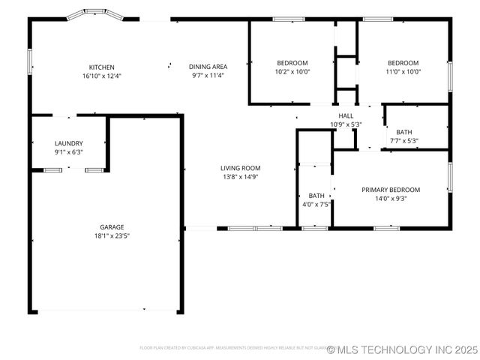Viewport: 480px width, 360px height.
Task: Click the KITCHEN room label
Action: [x=102, y=67]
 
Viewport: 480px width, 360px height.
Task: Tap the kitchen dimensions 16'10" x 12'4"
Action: [x=102, y=76]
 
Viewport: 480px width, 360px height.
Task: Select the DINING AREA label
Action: [x=208, y=67]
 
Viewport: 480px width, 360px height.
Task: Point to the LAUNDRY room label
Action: [x=68, y=143]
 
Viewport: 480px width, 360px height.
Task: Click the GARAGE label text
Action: [x=112, y=227]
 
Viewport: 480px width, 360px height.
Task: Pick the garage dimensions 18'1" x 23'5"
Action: [x=112, y=236]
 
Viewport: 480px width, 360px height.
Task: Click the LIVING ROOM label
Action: [x=240, y=168]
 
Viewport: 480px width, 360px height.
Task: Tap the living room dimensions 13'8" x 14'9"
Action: [x=240, y=177]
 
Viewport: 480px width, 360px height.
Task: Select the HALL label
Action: [x=346, y=115]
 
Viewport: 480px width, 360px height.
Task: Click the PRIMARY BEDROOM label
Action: [x=391, y=190]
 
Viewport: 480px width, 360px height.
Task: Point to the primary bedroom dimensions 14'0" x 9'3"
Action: [x=391, y=199]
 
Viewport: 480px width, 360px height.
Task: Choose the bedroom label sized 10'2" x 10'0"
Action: [x=292, y=63]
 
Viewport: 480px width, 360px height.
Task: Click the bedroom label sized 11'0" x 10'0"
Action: [x=403, y=63]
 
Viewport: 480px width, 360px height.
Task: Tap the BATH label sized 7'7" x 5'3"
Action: [x=403, y=132]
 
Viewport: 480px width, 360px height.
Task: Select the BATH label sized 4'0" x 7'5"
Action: [x=316, y=195]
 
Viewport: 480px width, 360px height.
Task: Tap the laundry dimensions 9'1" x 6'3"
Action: [x=68, y=152]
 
